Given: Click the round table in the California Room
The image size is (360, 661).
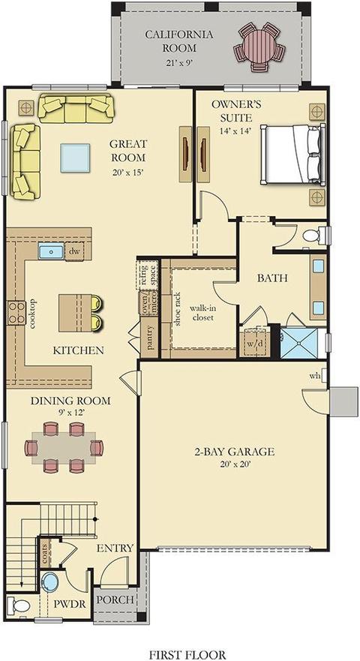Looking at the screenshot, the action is [x=259, y=47].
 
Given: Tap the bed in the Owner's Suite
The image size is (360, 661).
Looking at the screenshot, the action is [x=293, y=154].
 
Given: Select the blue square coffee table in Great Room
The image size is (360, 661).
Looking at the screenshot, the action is [x=75, y=158].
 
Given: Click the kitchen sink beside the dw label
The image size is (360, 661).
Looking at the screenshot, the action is [x=51, y=251].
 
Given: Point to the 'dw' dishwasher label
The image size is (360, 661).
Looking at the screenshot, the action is [x=74, y=251].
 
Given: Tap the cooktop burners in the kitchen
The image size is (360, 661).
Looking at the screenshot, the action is [x=16, y=313].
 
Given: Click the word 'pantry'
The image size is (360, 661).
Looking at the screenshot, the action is [x=151, y=338].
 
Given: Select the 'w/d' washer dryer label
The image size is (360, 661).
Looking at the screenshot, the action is [x=255, y=343].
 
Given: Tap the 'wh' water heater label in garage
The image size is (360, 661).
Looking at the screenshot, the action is [x=315, y=375].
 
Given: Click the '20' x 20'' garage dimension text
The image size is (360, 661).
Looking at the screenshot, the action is [x=235, y=464].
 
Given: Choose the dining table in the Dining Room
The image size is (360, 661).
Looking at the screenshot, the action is [x=64, y=447].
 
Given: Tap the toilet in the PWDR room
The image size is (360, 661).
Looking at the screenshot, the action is [x=18, y=605].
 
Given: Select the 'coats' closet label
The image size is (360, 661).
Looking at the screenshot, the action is [x=45, y=553].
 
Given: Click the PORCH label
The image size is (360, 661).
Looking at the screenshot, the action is [x=115, y=599].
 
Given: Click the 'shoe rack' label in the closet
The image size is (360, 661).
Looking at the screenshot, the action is [x=178, y=309].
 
